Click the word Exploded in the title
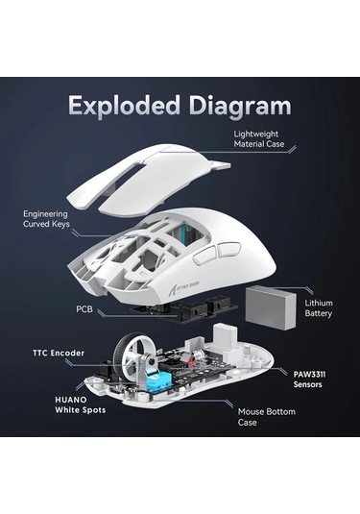tap(124, 106)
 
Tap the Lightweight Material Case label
tap(259, 139)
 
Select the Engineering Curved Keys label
tap(46, 219)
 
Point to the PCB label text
tap(84, 309)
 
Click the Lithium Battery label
tap(319, 308)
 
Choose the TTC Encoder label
tap(59, 353)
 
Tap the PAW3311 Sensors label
tap(309, 379)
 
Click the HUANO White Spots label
tap(81, 404)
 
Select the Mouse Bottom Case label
tap(266, 417)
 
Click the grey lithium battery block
tap(271, 307)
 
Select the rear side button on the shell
tap(228, 249)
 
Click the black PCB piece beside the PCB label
tap(183, 308)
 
